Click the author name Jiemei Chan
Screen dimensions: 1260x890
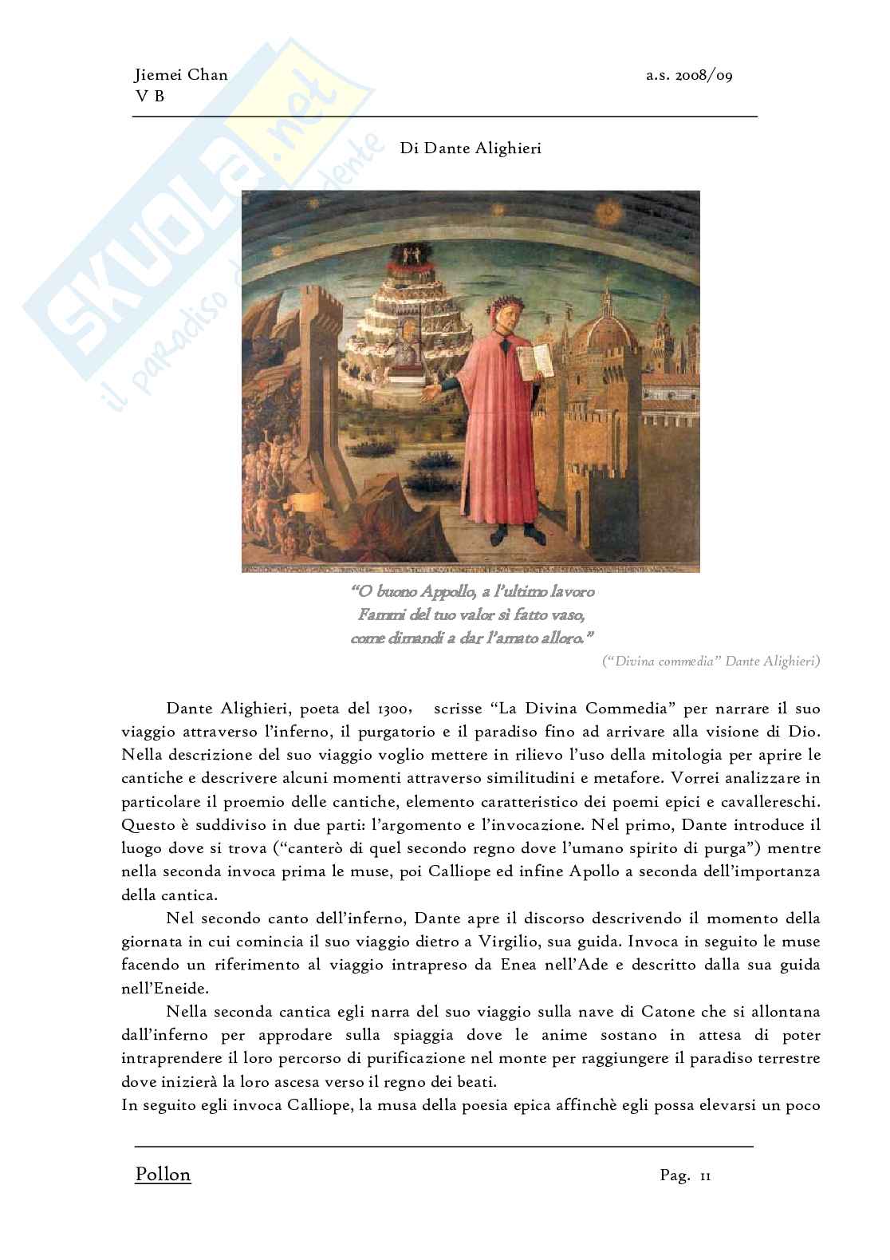180,76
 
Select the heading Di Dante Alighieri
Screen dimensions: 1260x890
471,148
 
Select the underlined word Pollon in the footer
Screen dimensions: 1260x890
163,1174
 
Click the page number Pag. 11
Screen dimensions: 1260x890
685,1176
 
